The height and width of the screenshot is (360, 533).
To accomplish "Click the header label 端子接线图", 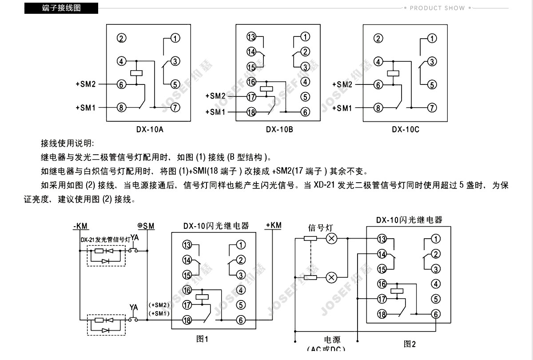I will pyautogui.click(x=61, y=8).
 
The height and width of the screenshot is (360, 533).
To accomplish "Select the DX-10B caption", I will pyautogui.click(x=279, y=130).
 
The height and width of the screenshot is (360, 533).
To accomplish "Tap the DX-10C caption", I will pyautogui.click(x=406, y=130).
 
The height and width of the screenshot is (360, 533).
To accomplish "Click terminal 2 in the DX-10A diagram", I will pyautogui.click(x=122, y=38).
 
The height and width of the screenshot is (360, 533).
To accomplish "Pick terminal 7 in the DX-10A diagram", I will pyautogui.click(x=175, y=107).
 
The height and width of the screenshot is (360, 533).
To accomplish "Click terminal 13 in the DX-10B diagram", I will pyautogui.click(x=251, y=37).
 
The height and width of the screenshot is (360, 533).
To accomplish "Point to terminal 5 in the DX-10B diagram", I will pyautogui.click(x=305, y=96).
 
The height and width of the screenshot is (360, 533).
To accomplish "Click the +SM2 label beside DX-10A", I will pyautogui.click(x=85, y=84).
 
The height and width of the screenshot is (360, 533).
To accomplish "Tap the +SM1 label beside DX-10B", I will pyautogui.click(x=215, y=112).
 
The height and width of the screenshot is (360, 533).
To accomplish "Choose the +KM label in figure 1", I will pyautogui.click(x=273, y=225).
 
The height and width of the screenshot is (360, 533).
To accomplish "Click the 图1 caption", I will pyautogui.click(x=202, y=339).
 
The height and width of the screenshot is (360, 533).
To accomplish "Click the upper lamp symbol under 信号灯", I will pyautogui.click(x=331, y=239).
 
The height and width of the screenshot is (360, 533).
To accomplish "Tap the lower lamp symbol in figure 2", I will pyautogui.click(x=331, y=278).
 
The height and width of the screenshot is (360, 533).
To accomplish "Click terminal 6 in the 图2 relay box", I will pyautogui.click(x=436, y=314).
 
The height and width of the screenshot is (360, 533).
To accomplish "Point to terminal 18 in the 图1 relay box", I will pyautogui.click(x=187, y=320).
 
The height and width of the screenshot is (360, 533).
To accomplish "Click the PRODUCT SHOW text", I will pyautogui.click(x=437, y=8).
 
